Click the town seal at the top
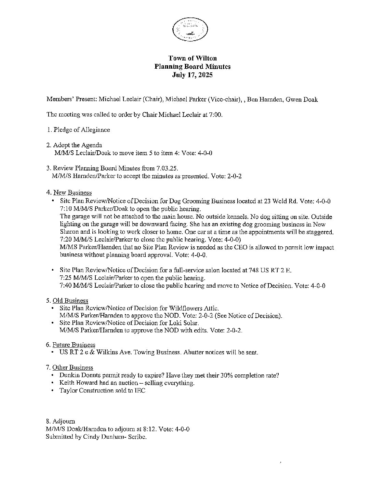pos(190,29)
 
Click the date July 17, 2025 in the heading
pos(192,75)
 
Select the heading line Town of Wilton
pos(192,58)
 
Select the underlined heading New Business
pos(72,193)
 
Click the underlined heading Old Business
pos(70,301)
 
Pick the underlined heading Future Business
pos(74,345)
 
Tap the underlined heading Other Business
pos(72,368)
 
